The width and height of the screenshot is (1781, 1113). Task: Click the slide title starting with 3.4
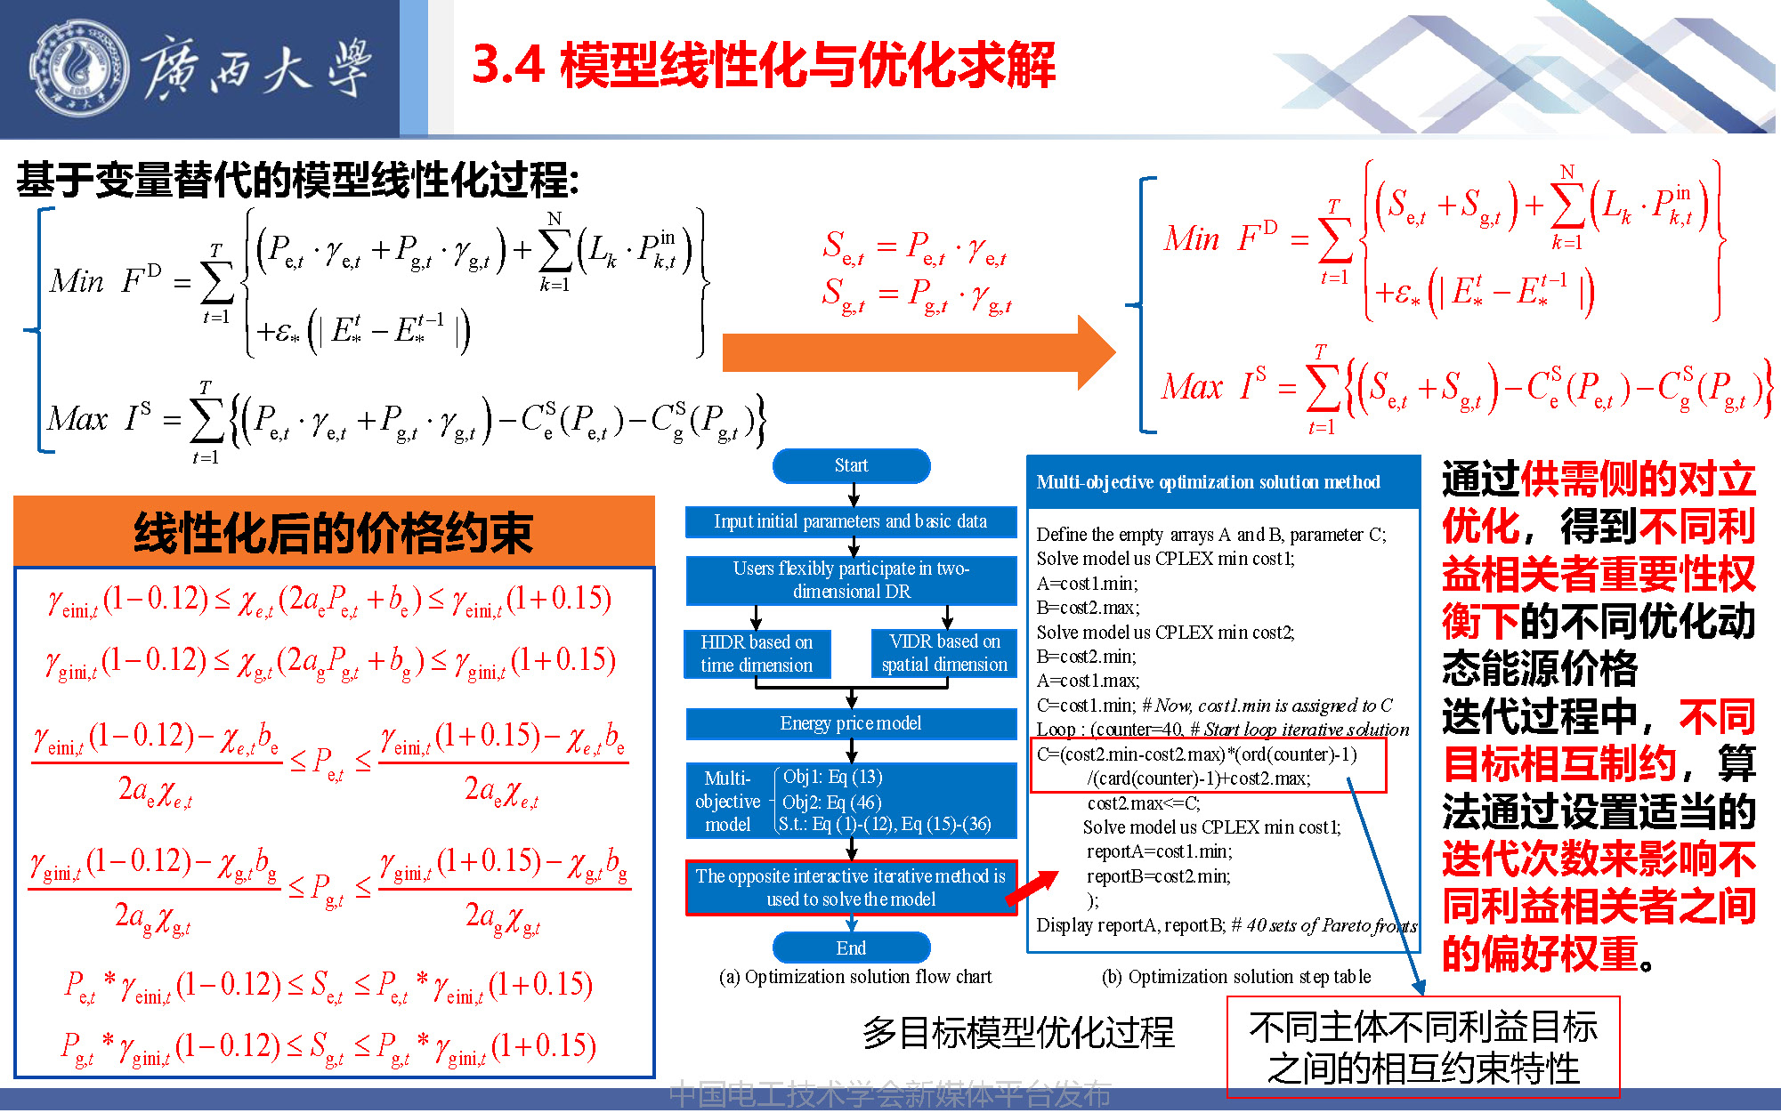coord(763,65)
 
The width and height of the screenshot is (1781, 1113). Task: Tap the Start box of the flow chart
coord(851,465)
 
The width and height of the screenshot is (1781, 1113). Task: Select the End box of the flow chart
coord(851,948)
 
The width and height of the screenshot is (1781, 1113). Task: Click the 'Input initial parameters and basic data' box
coord(851,521)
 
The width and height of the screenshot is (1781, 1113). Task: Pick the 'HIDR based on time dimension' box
coord(757,654)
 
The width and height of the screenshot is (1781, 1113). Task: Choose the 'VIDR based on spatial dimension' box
coord(944,654)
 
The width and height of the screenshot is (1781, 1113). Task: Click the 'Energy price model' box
coord(851,723)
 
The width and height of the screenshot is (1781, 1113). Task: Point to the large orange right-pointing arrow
coord(919,352)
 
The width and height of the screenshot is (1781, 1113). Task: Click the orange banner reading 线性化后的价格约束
coord(334,532)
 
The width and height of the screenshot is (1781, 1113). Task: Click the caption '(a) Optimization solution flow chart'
coord(855,977)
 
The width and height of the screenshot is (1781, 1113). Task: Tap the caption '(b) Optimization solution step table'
coord(1236,977)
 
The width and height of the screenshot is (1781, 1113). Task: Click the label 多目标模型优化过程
coord(1018,1032)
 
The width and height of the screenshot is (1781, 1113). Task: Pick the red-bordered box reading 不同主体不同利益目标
coord(1423,1048)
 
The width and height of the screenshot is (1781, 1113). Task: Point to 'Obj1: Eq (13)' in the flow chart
coord(832,777)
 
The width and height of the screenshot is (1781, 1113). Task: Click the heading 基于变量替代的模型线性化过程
coord(298,180)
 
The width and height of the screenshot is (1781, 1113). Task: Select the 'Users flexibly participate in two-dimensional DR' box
coord(851,580)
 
